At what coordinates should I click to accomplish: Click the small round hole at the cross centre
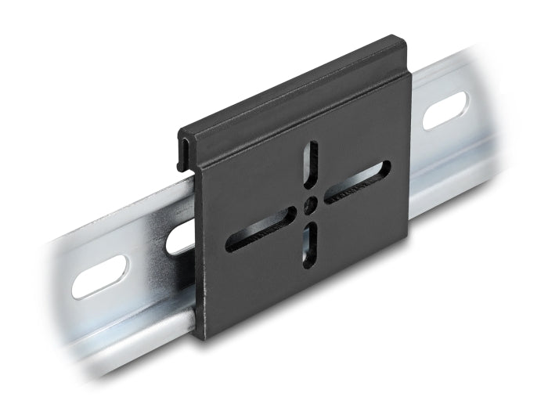[312, 204]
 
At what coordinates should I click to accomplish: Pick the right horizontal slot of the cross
[357, 182]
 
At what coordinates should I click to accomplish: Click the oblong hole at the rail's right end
[445, 110]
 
